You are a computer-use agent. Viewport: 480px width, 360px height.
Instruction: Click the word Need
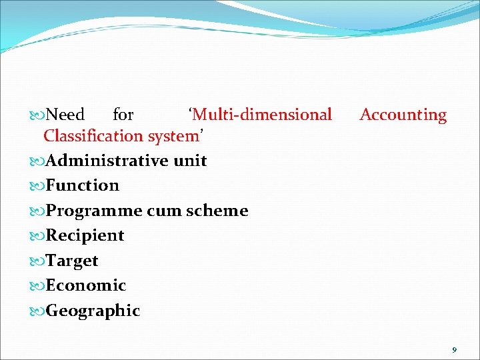(x=66, y=115)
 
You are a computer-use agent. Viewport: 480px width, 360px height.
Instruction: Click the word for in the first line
(x=123, y=115)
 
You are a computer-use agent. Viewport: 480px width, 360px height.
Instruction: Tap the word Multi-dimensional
(x=261, y=115)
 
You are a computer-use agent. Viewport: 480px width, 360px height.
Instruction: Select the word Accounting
(x=403, y=115)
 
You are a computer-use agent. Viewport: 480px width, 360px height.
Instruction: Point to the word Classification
(x=89, y=136)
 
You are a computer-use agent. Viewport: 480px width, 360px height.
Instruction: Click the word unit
(x=190, y=161)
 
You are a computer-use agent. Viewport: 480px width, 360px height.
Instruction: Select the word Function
(x=83, y=185)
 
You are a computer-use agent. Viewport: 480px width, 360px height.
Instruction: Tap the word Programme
(x=94, y=211)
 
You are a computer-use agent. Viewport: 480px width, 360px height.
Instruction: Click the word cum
(x=164, y=211)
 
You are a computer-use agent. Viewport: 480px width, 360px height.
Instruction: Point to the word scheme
(x=217, y=211)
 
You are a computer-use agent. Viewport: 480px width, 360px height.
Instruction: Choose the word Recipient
(x=85, y=235)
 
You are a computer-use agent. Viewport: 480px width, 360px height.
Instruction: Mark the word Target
(x=72, y=261)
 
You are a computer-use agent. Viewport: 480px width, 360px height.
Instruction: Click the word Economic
(x=85, y=285)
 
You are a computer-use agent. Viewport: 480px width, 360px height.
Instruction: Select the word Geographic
(x=93, y=311)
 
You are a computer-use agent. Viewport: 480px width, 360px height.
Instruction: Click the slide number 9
(x=454, y=349)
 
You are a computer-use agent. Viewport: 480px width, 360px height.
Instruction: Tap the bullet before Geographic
(x=37, y=311)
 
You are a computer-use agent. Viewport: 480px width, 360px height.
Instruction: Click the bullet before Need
(x=37, y=115)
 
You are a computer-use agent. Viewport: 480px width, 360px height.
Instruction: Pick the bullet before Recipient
(x=37, y=235)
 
